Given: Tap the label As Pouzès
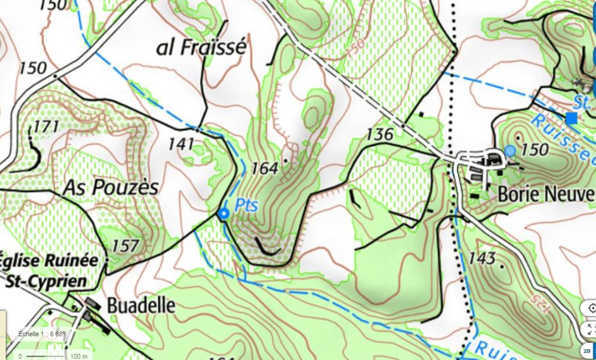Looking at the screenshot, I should (110, 187).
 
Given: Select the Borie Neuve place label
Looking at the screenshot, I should (545, 193).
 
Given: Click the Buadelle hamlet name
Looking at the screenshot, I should (139, 305).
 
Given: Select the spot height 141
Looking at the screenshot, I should (182, 144).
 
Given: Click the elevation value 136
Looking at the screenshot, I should (380, 135).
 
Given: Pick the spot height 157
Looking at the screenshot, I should (125, 246).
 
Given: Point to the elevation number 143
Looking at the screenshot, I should (482, 259).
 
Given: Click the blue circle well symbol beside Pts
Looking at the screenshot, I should (223, 213).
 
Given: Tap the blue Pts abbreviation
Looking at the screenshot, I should (246, 205).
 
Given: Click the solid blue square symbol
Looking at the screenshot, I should (571, 118).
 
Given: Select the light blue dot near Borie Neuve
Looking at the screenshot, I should (510, 151).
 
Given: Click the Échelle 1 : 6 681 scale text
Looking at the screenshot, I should (43, 334).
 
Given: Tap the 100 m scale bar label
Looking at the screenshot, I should (78, 356).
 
